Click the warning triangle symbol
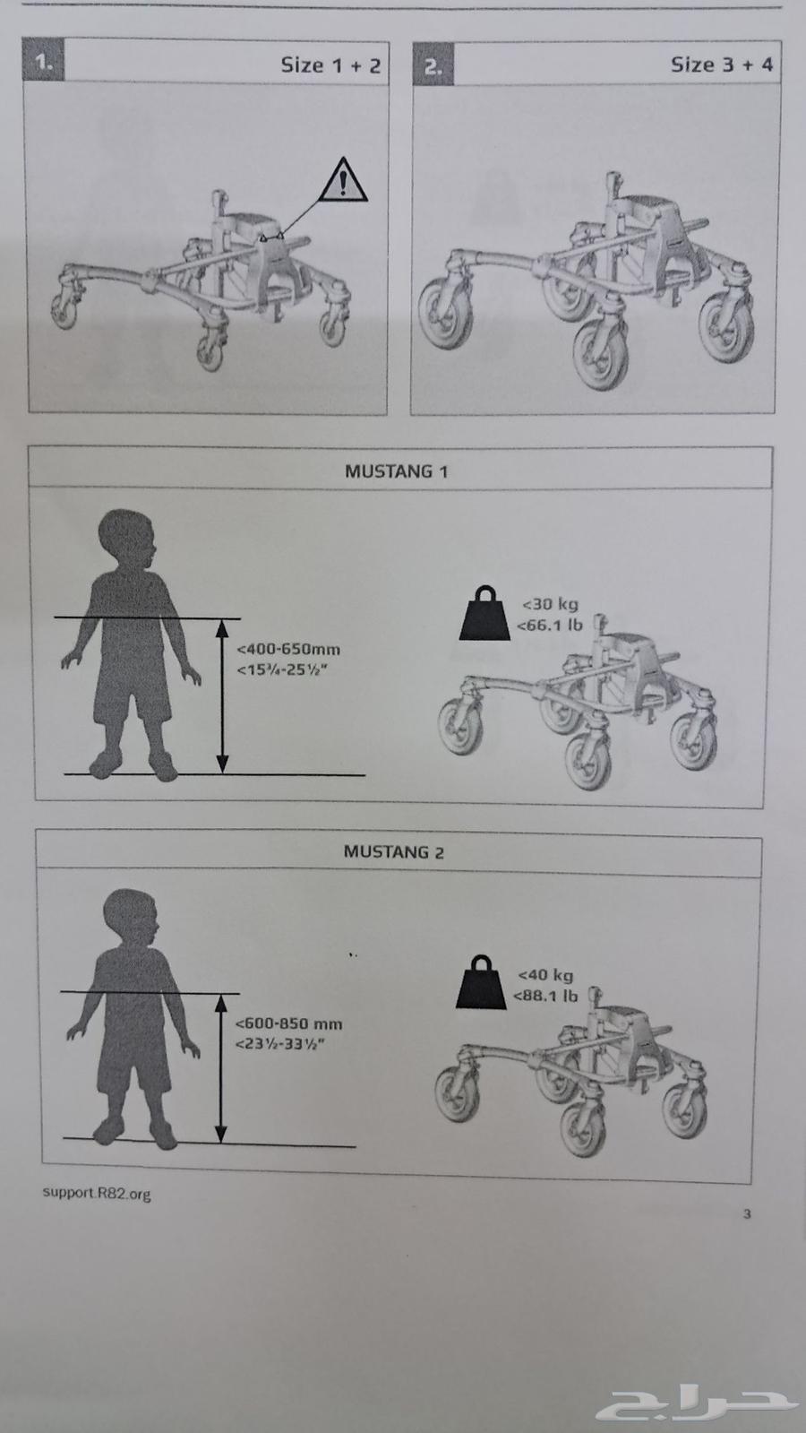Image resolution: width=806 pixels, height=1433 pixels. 343,180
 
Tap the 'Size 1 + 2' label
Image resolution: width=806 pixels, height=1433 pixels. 330,65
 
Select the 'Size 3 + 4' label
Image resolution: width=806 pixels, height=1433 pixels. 722,65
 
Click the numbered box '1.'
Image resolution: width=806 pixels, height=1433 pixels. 44,59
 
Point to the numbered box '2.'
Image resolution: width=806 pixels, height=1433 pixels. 433,64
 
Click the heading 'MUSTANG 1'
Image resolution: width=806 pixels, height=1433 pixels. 397,471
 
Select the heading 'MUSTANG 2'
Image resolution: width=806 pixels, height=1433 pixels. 394,851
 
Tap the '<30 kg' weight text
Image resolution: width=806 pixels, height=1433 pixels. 551,604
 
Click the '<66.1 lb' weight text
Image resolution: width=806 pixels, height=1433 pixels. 550,625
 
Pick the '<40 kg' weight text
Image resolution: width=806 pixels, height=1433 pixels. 545,974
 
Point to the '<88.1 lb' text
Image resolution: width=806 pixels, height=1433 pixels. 545,996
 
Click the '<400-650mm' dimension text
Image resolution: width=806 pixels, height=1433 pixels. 288,650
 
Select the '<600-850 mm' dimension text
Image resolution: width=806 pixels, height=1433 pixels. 288,1023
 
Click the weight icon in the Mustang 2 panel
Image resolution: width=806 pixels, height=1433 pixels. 481,982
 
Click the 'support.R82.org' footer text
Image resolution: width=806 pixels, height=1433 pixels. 97,1193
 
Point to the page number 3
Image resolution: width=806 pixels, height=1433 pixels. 747,1213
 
